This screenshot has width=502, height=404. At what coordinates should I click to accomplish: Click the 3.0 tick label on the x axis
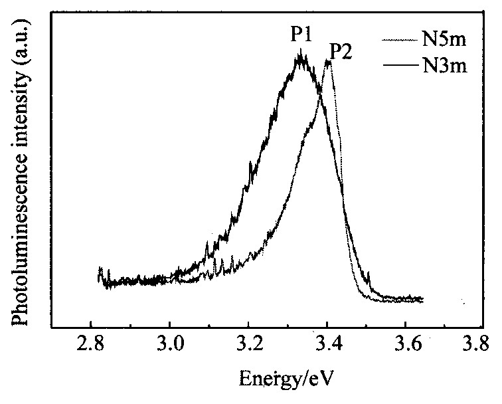[x=170, y=346]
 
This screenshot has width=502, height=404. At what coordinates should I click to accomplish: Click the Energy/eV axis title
[x=287, y=381]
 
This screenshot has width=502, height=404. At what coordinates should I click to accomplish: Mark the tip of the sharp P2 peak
[x=328, y=60]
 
